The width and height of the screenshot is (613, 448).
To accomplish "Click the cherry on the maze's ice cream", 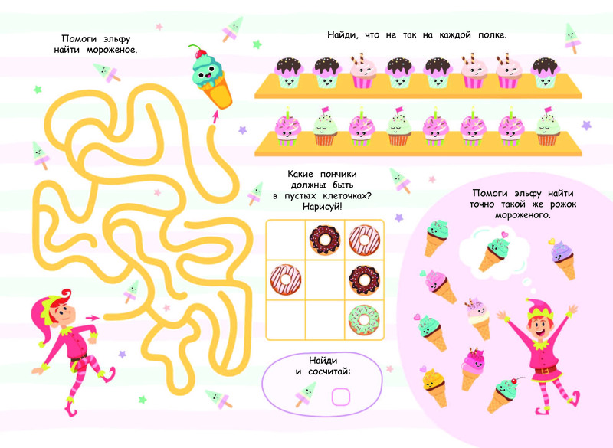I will [202, 54].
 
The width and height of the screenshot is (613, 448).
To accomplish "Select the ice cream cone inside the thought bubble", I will [491, 252].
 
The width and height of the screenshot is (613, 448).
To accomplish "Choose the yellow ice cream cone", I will [434, 384].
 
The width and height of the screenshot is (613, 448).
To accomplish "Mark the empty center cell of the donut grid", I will [325, 280].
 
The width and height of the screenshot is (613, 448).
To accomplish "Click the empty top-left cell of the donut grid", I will [284, 240].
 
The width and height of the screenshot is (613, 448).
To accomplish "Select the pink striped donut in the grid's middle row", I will [284, 280].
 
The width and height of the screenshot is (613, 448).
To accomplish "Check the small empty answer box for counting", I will [339, 397].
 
